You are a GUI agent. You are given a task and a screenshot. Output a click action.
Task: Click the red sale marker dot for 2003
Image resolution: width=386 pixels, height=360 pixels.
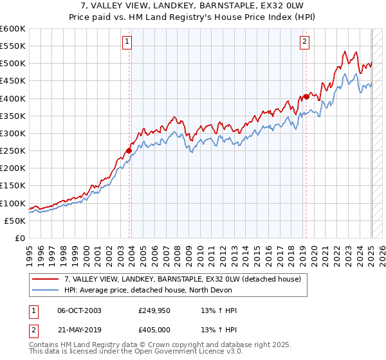pos(129,151)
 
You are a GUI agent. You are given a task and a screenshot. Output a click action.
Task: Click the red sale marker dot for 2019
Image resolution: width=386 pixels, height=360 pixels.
pos(307,96)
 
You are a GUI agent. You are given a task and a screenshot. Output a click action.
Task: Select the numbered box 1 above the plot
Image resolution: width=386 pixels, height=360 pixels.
pos(127,42)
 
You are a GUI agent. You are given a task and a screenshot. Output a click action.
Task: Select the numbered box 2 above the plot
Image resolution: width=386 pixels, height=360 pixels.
pos(304,42)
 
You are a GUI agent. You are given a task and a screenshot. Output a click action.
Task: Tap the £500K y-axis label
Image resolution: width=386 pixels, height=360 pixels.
pos(13,64)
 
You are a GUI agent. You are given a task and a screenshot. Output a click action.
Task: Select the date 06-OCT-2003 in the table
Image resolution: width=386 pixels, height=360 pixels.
pos(79,310)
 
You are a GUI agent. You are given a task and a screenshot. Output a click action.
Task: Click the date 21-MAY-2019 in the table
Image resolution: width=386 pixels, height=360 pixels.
pos(79,330)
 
